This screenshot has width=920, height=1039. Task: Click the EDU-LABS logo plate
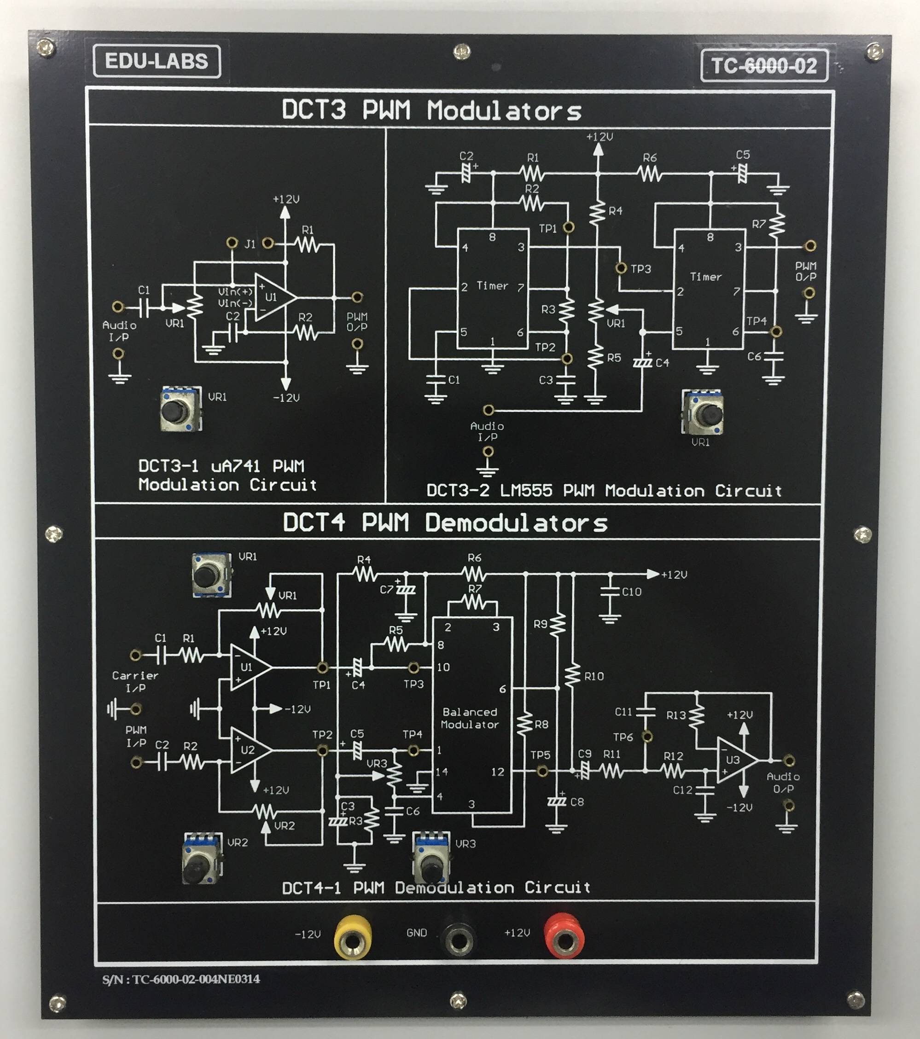click(157, 62)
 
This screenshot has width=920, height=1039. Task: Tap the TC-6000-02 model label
click(764, 65)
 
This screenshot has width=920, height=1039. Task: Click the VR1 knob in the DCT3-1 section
click(179, 409)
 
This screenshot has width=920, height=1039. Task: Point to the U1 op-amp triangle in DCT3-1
click(273, 297)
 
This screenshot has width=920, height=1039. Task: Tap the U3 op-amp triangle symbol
click(735, 760)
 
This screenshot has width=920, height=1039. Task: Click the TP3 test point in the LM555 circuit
click(621, 268)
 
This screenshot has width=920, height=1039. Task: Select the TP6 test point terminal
click(647, 736)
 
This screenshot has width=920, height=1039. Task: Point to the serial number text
click(181, 979)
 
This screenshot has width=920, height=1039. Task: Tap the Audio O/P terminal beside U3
click(788, 760)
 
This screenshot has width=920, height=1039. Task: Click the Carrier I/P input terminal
click(136, 655)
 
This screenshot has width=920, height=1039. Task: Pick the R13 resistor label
click(676, 715)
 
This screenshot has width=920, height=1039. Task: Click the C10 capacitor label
click(631, 592)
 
